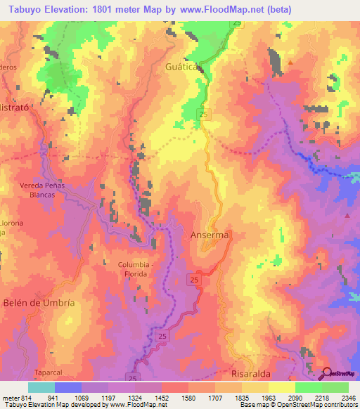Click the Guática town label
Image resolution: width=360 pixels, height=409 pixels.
tap(184, 68)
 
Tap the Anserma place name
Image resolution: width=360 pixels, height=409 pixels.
tap(210, 236)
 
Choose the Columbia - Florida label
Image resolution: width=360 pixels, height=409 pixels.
tap(127, 269)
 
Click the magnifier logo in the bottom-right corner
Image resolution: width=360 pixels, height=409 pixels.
tap(326, 374)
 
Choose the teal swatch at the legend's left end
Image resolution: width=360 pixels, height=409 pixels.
tap(41, 387)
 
